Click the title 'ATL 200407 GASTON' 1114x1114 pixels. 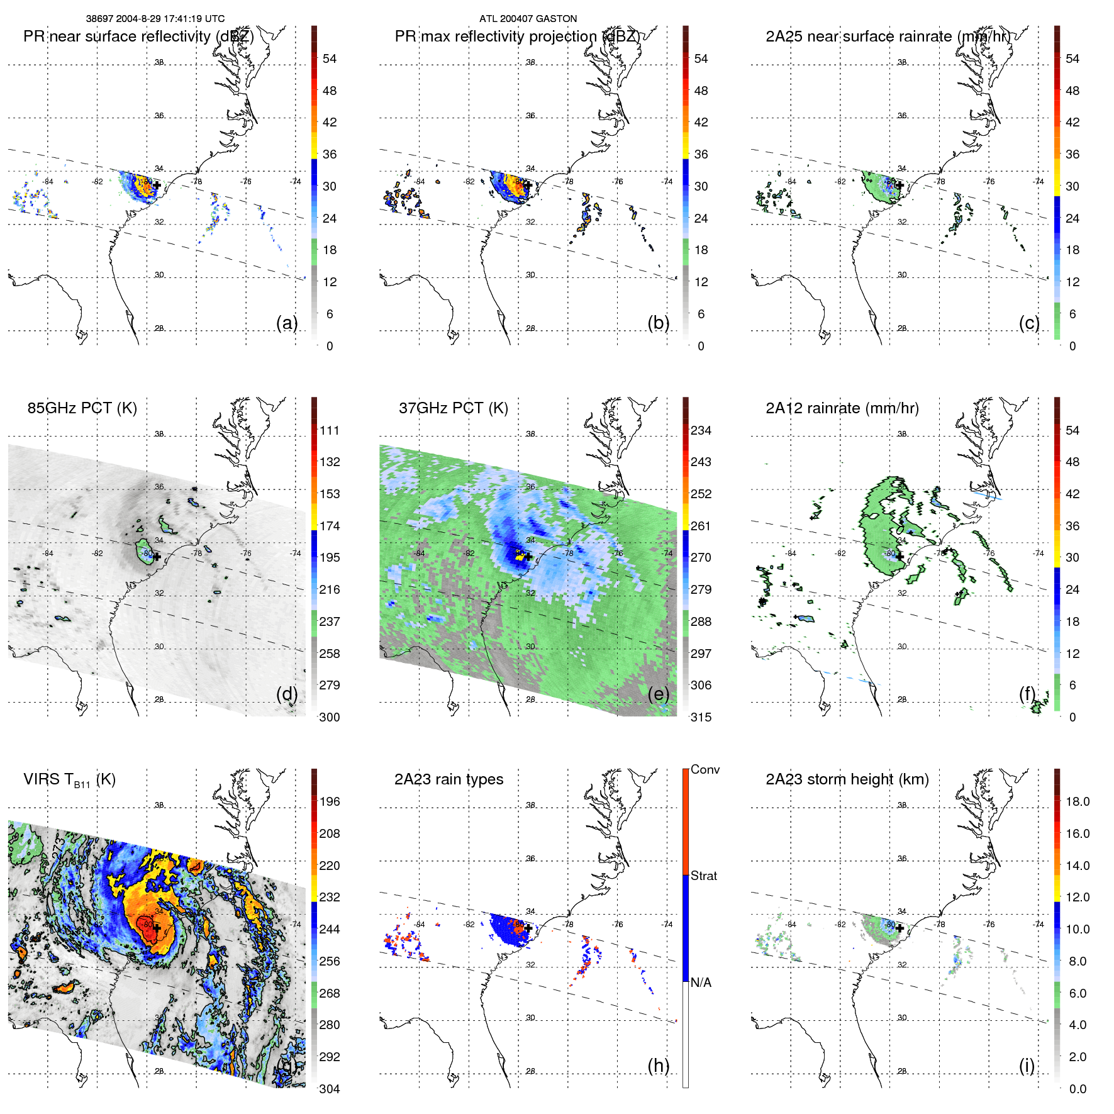pos(528,19)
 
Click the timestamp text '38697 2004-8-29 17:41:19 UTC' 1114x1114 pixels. pos(155,19)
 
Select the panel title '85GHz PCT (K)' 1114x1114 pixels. pos(82,408)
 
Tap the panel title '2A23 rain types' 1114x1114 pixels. pos(448,779)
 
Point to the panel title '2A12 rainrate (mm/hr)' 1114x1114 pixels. pos(842,408)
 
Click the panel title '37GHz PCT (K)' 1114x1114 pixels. pos(453,408)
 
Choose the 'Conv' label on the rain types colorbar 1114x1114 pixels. pos(705,769)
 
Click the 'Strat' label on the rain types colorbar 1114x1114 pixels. pos(703,876)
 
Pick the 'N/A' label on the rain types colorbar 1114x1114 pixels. pos(701,983)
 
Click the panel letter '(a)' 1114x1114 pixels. pos(287,323)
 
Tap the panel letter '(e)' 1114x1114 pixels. pos(658,694)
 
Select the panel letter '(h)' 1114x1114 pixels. pos(658,1066)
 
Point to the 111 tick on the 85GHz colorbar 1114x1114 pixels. pos(329,430)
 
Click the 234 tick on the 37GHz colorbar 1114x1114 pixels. pos(701,430)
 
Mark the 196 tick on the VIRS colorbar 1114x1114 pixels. pos(329,801)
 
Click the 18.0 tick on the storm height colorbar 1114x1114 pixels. pos(1077,801)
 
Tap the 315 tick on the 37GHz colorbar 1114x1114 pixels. pos(701,717)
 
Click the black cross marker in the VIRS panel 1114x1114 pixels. pos(157,928)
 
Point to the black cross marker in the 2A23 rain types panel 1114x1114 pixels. pos(528,928)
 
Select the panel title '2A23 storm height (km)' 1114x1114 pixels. pos(847,779)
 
